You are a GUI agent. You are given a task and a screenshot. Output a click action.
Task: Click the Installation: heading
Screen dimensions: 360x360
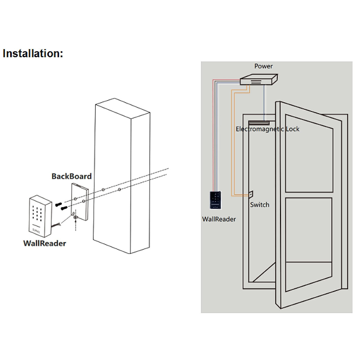click(x=33, y=53)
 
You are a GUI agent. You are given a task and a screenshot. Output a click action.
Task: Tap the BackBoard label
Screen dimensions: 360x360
click(x=71, y=176)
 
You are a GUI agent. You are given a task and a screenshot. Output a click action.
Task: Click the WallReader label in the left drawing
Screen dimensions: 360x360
click(x=44, y=243)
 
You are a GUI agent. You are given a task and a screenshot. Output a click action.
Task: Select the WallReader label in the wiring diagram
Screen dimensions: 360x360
click(x=219, y=219)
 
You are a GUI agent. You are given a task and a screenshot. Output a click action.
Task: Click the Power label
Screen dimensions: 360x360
click(x=263, y=66)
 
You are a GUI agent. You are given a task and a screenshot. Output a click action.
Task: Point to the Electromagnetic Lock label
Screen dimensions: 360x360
click(x=267, y=129)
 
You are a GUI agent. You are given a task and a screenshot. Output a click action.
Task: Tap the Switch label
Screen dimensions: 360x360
click(x=259, y=205)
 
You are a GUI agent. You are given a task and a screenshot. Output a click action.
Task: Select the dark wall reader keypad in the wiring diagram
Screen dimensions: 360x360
click(x=216, y=200)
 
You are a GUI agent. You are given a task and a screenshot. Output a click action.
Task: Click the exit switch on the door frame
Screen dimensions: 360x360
click(x=251, y=194)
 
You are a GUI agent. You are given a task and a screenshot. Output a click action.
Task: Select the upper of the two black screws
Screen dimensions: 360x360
click(x=58, y=204)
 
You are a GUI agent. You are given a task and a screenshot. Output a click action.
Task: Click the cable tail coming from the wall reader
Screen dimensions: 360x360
click(x=56, y=226)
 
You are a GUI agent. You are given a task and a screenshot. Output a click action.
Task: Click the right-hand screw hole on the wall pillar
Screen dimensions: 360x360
click(x=119, y=189)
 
